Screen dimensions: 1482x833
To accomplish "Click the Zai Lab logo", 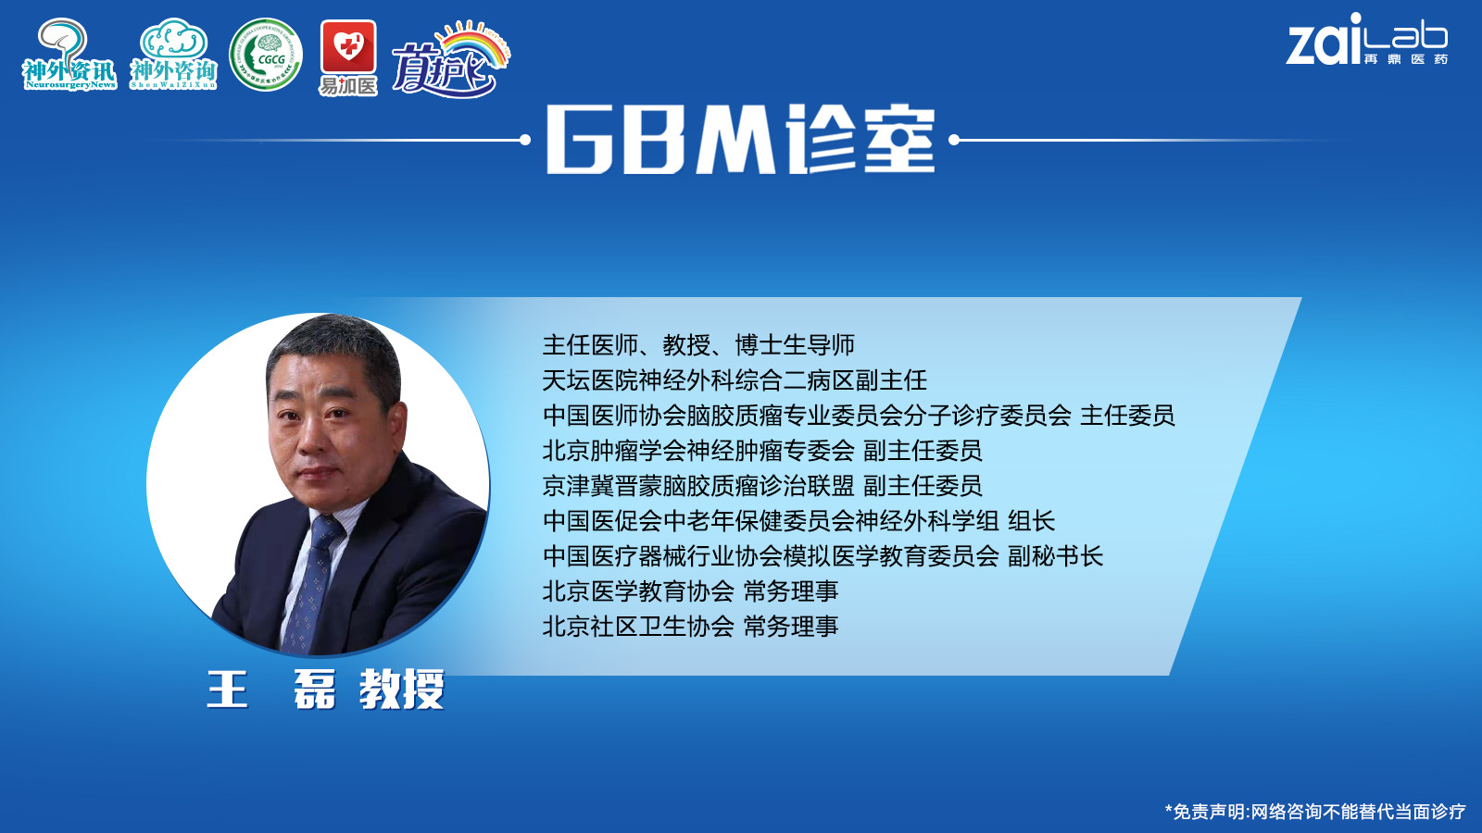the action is (x=1367, y=40).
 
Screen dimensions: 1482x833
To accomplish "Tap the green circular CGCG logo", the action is (x=266, y=55).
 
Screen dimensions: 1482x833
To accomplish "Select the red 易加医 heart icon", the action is (x=348, y=46).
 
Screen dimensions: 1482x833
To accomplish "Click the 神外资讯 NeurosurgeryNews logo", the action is (x=69, y=55).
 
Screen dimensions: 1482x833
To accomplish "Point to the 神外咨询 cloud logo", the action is (x=173, y=55).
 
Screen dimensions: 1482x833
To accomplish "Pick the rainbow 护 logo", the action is (x=451, y=59).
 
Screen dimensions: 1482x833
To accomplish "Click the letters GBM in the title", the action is (x=661, y=140).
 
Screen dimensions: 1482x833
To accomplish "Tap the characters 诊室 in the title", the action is (x=860, y=140).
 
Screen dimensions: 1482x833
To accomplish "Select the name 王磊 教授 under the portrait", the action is (x=325, y=690).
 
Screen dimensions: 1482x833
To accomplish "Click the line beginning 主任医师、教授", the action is (x=698, y=345).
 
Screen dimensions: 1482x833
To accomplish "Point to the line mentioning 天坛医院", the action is (x=735, y=380).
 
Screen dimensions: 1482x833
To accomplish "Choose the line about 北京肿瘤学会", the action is (x=762, y=451).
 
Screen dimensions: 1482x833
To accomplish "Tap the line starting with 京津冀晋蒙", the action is (x=762, y=486).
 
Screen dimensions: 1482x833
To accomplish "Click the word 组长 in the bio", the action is (x=1031, y=521).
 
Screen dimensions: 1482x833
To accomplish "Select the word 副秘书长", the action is (x=1055, y=556).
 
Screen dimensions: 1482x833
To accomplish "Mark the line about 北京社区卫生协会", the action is (x=691, y=626).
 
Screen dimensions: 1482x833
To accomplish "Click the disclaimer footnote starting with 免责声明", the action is (x=1315, y=812).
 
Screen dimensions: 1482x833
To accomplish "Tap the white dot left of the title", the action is (x=525, y=140).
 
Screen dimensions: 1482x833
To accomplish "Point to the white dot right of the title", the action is (x=954, y=140).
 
